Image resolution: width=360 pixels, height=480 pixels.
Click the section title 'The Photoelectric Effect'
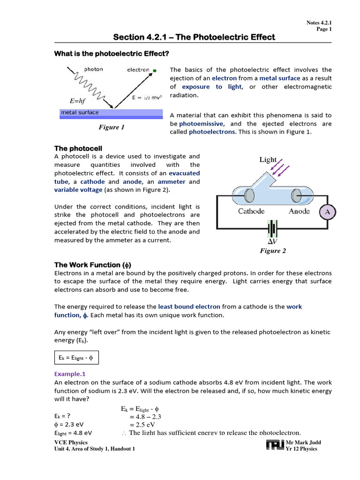click(195, 37)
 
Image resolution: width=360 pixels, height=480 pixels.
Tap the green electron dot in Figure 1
click(154, 71)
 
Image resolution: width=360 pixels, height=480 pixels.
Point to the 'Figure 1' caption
click(111, 127)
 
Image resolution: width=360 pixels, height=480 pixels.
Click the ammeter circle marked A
click(328, 212)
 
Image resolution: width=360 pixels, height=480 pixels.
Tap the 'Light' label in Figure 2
click(268, 160)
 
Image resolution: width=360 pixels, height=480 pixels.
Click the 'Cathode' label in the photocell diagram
click(251, 211)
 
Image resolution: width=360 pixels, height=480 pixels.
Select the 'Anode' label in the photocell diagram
click(299, 211)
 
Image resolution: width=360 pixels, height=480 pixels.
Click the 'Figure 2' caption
click(273, 251)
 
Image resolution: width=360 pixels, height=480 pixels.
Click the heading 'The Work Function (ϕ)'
click(96, 265)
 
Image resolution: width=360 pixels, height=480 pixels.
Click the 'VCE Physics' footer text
click(71, 442)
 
